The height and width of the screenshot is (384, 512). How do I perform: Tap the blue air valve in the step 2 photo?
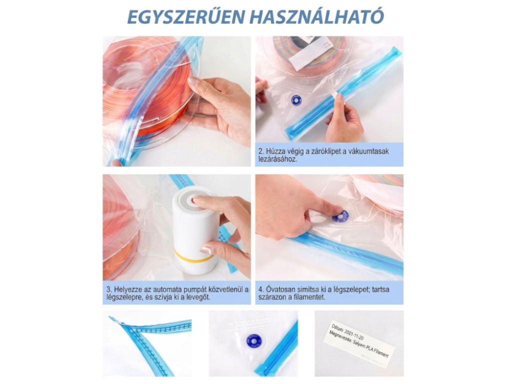click(x=296, y=100)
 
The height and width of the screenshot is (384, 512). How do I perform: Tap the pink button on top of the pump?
click(x=197, y=198)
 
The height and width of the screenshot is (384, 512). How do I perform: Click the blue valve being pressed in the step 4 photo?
click(x=340, y=216)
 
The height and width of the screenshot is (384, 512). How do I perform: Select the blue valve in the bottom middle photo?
click(x=253, y=341)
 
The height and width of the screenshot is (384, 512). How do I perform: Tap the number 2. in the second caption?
click(x=261, y=151)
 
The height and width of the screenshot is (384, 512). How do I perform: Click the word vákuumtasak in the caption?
click(x=368, y=151)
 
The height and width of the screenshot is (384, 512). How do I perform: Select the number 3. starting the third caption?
click(x=108, y=289)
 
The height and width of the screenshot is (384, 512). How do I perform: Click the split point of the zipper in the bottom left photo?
click(x=123, y=323)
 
